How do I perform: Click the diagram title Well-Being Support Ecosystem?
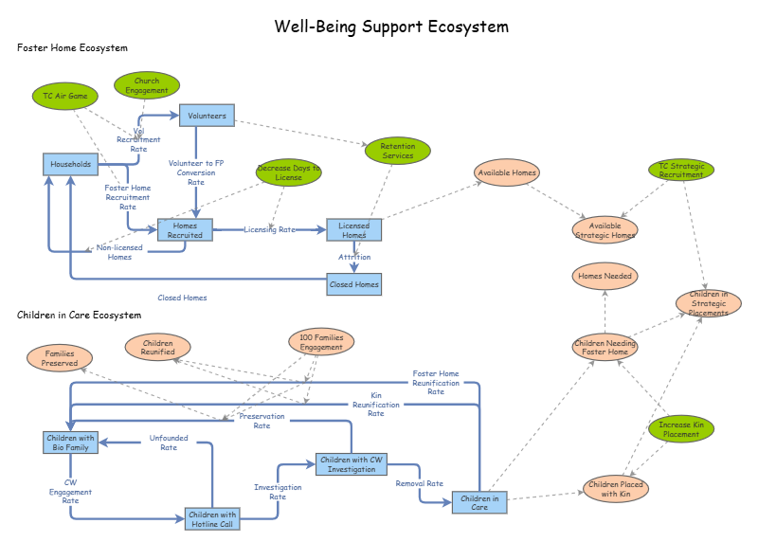tap(391, 27)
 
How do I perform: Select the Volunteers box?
tap(207, 116)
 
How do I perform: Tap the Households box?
tap(71, 164)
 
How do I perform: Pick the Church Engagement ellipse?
tap(147, 85)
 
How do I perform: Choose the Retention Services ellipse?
tap(398, 151)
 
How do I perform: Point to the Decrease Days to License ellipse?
tap(289, 172)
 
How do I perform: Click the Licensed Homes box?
tap(354, 230)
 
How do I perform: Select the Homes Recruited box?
tap(185, 230)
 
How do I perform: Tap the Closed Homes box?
tap(354, 284)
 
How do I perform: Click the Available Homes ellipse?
tap(507, 172)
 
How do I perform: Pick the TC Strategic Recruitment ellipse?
tap(681, 170)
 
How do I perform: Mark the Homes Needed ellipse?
tap(605, 277)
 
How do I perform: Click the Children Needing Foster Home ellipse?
tap(605, 347)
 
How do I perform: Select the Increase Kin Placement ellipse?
tap(681, 429)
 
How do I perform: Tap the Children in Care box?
tap(479, 502)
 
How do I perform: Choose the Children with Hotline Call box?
tap(212, 518)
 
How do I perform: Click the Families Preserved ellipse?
tap(60, 358)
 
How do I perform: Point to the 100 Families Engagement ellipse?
tap(321, 342)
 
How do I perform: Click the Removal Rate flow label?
tap(420, 483)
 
